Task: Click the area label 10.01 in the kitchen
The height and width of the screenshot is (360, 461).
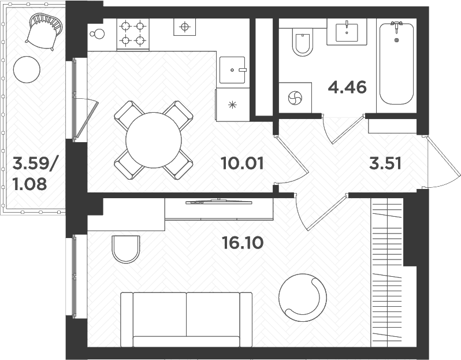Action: coord(242,164)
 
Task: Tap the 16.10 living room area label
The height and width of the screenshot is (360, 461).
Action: coord(242,242)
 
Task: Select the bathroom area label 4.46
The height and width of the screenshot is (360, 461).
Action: coord(347,88)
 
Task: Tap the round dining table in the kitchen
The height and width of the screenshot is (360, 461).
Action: coord(154,140)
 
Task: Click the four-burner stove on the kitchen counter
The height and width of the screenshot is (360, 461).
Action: coord(133,34)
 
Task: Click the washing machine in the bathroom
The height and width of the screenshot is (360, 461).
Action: coord(295,98)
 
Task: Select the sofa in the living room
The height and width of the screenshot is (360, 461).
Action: coord(186,319)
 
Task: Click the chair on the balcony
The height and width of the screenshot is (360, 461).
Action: coord(44,31)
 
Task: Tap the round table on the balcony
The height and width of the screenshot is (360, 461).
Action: coord(27,70)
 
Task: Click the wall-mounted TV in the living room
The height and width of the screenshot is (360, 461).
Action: coord(218,202)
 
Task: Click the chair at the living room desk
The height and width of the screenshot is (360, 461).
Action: coord(125,248)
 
